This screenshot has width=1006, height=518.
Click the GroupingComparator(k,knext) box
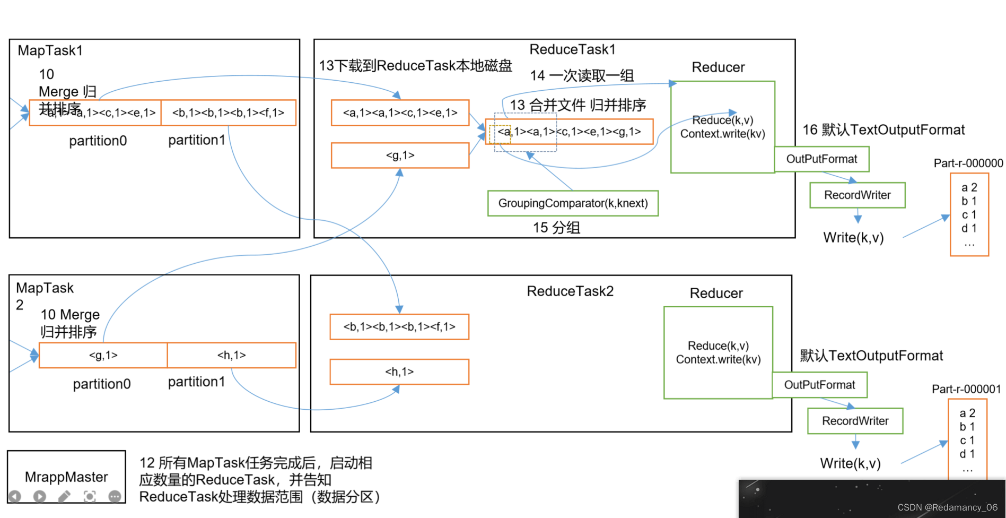pyautogui.click(x=573, y=203)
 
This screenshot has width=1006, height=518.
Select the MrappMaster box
pyautogui.click(x=66, y=476)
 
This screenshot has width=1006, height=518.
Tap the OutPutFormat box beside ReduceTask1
pyautogui.click(x=821, y=159)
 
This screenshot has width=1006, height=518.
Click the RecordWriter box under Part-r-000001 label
pyautogui.click(x=855, y=421)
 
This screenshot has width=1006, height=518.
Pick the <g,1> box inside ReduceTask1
pyautogui.click(x=400, y=156)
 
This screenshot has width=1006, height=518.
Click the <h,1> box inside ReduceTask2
pyautogui.click(x=399, y=372)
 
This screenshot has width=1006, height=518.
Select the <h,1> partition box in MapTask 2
pyautogui.click(x=231, y=355)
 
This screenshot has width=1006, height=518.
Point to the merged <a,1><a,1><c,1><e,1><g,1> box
pyautogui.click(x=569, y=132)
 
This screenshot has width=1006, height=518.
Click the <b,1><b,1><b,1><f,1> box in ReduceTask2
pyautogui.click(x=399, y=327)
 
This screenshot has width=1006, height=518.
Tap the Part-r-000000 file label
pyautogui.click(x=968, y=163)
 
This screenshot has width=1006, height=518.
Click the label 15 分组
pyautogui.click(x=556, y=228)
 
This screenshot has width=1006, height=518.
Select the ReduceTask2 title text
pyautogui.click(x=570, y=291)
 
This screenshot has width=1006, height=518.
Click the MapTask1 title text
pyautogui.click(x=50, y=51)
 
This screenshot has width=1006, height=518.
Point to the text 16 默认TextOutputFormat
pyautogui.click(x=883, y=130)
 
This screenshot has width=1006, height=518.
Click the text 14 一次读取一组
pyautogui.click(x=582, y=76)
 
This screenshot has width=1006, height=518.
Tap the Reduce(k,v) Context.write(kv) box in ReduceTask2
pyautogui.click(x=718, y=352)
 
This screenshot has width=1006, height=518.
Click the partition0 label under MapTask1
pyautogui.click(x=98, y=141)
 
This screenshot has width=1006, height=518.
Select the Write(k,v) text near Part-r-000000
pyautogui.click(x=853, y=238)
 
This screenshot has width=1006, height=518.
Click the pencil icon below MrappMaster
pyautogui.click(x=64, y=496)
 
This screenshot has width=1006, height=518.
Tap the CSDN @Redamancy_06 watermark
pyautogui.click(x=947, y=507)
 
